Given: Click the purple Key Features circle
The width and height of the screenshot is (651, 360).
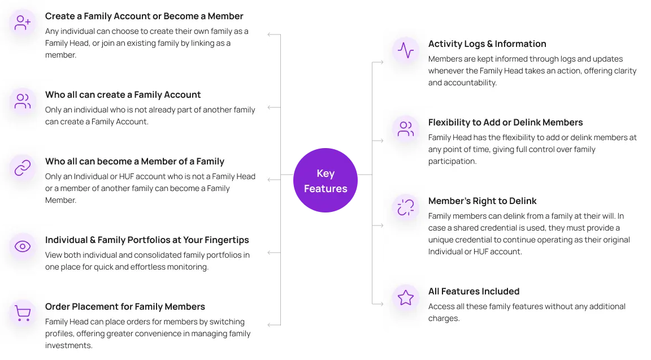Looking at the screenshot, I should point(325,180).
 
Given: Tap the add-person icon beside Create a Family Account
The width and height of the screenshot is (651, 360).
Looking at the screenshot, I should point(23,23).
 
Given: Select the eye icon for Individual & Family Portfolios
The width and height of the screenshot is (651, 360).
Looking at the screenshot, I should point(23,246).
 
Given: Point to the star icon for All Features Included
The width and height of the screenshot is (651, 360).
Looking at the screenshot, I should point(406,298).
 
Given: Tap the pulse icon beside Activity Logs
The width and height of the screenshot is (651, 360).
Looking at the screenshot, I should point(406,50).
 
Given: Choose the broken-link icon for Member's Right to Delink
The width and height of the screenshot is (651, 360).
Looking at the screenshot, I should point(406,207).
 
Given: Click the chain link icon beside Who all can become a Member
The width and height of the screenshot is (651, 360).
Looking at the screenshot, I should point(23,168).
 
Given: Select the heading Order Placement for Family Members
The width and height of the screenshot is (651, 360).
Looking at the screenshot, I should point(125,306).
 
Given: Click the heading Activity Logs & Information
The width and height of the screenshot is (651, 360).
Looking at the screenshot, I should point(487,44).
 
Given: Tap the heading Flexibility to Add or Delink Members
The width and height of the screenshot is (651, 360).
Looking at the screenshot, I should point(505,122).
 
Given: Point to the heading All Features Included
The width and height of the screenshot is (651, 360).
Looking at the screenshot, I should point(474,291).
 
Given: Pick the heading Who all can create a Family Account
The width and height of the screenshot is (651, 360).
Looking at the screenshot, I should point(123,94).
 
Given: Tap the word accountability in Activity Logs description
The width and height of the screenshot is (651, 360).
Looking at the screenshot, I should point(470,83).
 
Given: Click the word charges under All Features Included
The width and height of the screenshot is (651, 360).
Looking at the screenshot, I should point(444,318).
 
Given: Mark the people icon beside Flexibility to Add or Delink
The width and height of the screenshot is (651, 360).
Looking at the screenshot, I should point(406,129).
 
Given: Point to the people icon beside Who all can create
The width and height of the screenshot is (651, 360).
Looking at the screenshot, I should point(23,101).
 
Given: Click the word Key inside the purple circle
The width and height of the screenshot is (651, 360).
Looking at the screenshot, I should point(325,174).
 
